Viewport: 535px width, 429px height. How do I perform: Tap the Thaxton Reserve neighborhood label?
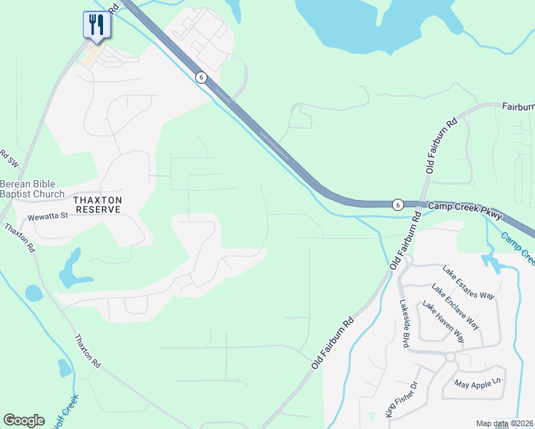tap(99, 204)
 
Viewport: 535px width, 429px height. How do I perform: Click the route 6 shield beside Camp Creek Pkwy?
tap(397, 204)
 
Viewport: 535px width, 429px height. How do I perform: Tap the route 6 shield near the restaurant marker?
tap(202, 77)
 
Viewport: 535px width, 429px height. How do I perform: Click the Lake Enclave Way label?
tap(455, 306)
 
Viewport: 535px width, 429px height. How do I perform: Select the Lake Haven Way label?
tap(443, 322)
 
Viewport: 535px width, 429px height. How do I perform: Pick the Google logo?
tap(24, 420)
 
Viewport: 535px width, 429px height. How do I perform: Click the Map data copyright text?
tap(504, 423)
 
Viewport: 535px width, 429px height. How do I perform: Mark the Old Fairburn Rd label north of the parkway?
tap(441, 147)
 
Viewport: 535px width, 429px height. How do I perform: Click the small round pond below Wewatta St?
tap(34, 293)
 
